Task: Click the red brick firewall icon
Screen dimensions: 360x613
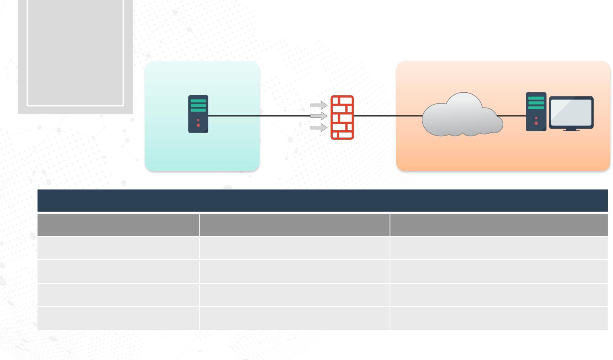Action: tap(342, 117)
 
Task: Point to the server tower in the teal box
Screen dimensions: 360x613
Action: tap(198, 114)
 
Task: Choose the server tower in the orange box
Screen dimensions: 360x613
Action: tap(536, 112)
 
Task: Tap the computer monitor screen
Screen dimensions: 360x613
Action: tap(571, 112)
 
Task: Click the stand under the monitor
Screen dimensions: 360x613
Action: tap(571, 130)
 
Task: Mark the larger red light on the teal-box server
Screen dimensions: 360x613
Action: tap(198, 125)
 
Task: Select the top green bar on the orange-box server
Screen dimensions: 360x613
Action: tap(536, 98)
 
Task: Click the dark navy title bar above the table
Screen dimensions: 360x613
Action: tap(322, 200)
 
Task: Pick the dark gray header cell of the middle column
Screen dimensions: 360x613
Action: tap(294, 225)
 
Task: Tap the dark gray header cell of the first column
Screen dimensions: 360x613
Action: tap(118, 225)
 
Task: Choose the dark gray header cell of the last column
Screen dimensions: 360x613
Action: tap(499, 225)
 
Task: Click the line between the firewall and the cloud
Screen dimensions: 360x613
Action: tap(387, 116)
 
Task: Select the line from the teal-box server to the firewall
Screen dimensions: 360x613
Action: tap(258, 116)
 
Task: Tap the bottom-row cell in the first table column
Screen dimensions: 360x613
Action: tap(118, 318)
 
